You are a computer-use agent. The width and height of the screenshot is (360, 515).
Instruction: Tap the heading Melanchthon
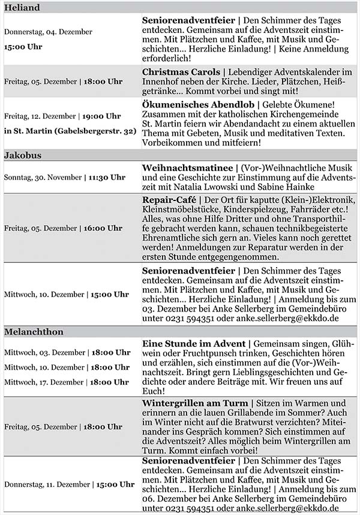(34, 332)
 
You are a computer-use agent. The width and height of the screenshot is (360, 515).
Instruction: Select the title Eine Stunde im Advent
(193, 343)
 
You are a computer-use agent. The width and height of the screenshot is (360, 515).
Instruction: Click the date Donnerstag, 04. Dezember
(48, 31)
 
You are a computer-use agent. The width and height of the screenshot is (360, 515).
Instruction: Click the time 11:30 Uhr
(107, 177)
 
